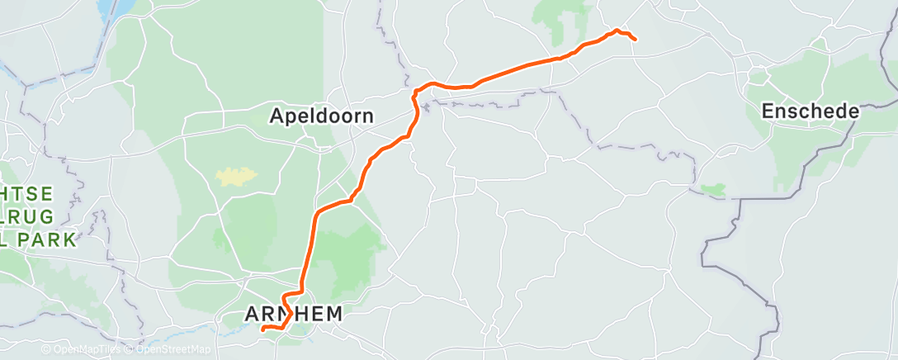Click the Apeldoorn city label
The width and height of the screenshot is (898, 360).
point(322,116)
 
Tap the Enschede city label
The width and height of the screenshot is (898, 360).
point(811,111)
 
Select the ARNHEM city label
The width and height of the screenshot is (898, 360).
point(293,314)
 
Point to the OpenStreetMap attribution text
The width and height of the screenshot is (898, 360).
point(168,350)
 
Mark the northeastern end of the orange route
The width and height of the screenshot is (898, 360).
point(635,39)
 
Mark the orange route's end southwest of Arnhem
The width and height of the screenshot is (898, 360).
point(262,329)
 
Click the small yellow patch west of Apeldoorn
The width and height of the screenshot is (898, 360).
point(235,175)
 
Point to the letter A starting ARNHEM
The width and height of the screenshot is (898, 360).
point(253,314)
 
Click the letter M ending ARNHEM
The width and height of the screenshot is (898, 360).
point(333,314)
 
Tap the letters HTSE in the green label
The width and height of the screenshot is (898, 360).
point(28,193)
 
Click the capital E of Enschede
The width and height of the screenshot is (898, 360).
point(767,111)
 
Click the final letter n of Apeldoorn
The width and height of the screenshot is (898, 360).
point(368,116)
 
